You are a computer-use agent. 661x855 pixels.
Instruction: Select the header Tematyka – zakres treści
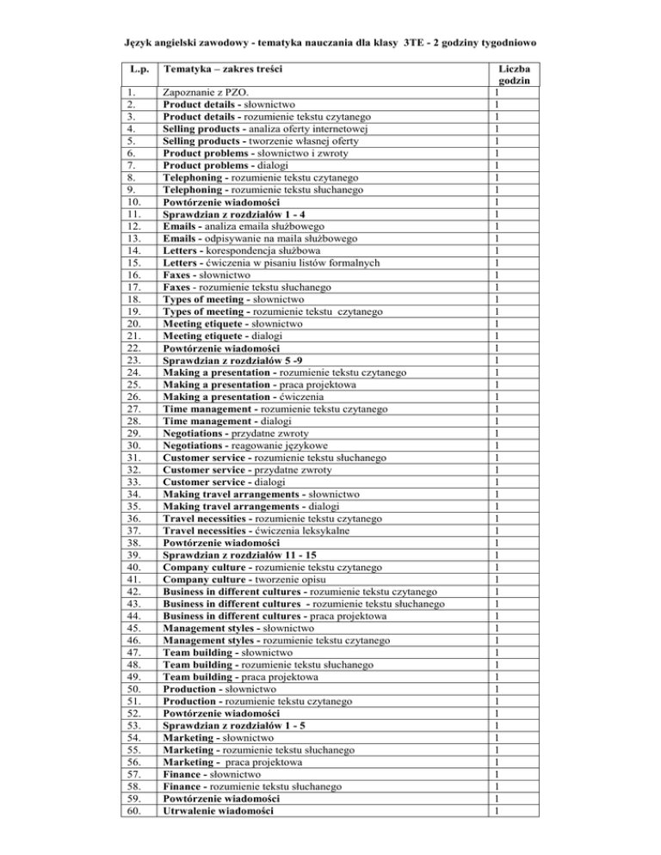tap(223, 66)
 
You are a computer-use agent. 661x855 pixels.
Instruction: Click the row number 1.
tap(130, 93)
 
